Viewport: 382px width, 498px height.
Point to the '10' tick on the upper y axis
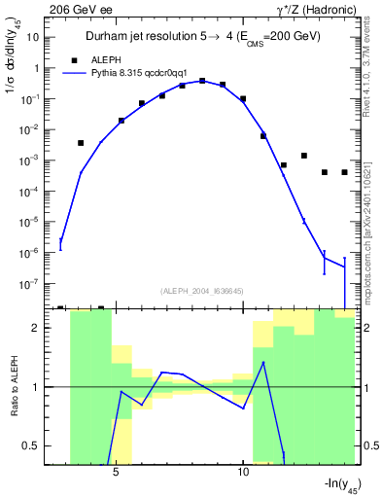33,37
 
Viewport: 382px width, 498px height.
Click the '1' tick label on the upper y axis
36,68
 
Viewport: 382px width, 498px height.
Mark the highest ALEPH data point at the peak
202,82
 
